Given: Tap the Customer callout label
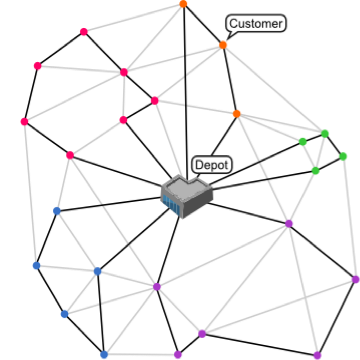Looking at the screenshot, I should pyautogui.click(x=255, y=23).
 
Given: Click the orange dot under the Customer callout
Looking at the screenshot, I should pyautogui.click(x=223, y=45).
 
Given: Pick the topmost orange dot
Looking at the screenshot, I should pyautogui.click(x=183, y=4).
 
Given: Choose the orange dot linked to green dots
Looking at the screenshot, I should pyautogui.click(x=237, y=114).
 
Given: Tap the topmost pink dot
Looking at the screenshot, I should pyautogui.click(x=84, y=32).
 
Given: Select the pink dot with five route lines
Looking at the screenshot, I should pyautogui.click(x=124, y=72).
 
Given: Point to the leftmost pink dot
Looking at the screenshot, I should pyautogui.click(x=24, y=122).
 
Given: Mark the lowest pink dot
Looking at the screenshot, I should pyautogui.click(x=70, y=155).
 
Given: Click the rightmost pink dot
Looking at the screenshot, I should pyautogui.click(x=155, y=101).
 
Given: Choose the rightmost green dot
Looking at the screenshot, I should pyautogui.click(x=343, y=157).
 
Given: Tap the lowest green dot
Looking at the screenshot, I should pyautogui.click(x=315, y=171).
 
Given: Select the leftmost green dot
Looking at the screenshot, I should pyautogui.click(x=303, y=142).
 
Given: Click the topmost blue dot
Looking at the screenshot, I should pyautogui.click(x=57, y=211).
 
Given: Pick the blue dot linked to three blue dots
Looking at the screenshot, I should pyautogui.click(x=97, y=271).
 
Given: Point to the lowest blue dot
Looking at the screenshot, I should pyautogui.click(x=104, y=354).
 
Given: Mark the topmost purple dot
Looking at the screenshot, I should pyautogui.click(x=289, y=224).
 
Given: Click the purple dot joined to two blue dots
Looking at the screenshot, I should pyautogui.click(x=156, y=287).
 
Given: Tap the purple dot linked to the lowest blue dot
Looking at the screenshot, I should pyautogui.click(x=178, y=354).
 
